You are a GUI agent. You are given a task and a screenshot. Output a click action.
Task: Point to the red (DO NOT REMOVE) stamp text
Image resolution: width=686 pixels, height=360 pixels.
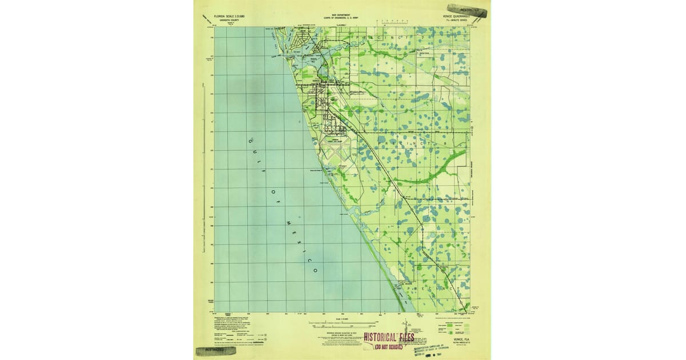point(389,346)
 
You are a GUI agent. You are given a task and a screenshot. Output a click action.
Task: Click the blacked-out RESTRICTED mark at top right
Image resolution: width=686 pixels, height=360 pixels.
point(467,10)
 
